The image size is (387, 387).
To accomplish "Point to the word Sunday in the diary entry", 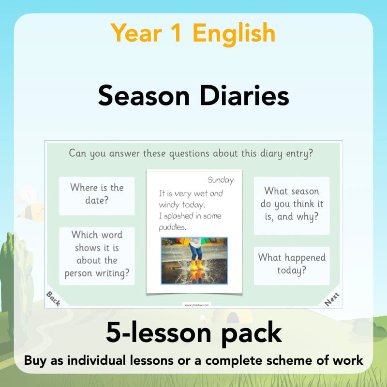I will [221, 180].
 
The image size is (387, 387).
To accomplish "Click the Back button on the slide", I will [53, 298].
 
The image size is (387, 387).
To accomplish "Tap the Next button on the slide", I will [332, 298].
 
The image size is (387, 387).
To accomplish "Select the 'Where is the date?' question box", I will [97, 194].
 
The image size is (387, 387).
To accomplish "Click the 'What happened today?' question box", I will [292, 264].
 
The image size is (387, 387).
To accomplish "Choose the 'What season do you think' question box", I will [292, 204].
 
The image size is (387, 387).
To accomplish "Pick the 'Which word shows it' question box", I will [97, 254].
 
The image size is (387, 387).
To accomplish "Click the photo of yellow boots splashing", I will [194, 260].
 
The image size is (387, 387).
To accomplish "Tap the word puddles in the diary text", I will [173, 227].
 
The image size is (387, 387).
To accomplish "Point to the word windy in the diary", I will [170, 205].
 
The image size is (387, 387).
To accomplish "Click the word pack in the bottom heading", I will [253, 334].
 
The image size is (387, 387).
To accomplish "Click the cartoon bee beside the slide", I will [30, 203].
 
